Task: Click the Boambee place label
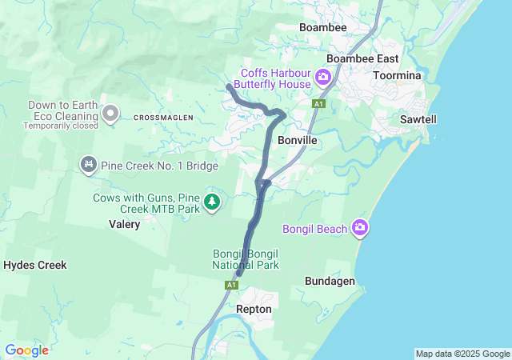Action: [x=322, y=27]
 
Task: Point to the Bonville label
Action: [x=298, y=140]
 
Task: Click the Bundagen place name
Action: [x=330, y=281]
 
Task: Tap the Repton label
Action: [x=254, y=309]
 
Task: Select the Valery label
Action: [x=124, y=225]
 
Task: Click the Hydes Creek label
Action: [x=35, y=265]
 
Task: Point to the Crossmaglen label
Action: [x=163, y=118]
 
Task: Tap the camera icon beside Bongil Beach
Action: [x=361, y=229]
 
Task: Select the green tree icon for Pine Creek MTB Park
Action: [x=212, y=202]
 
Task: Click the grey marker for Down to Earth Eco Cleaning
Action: [x=110, y=114]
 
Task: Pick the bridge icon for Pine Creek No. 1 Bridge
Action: [x=88, y=164]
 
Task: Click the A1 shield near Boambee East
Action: [x=319, y=104]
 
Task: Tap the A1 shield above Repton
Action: [x=231, y=285]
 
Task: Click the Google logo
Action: [x=26, y=350]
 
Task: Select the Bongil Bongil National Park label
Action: [x=245, y=259]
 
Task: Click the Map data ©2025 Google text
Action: [x=462, y=354]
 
